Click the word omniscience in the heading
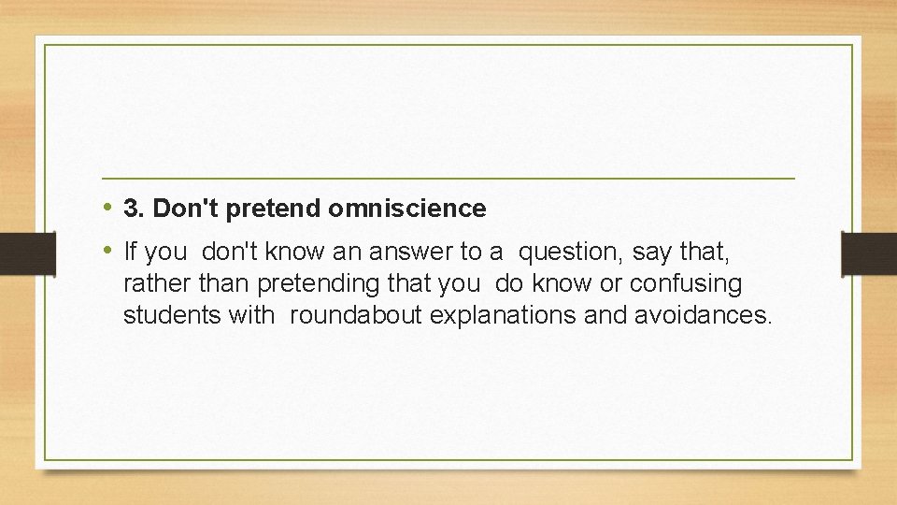pyautogui.click(x=406, y=209)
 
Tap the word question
pyautogui.click(x=571, y=252)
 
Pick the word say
pyautogui.click(x=651, y=252)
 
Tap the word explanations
pyautogui.click(x=503, y=315)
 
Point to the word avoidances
pyautogui.click(x=703, y=315)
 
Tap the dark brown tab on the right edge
pyautogui.click(x=868, y=252)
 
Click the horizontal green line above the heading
pyautogui.click(x=448, y=178)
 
